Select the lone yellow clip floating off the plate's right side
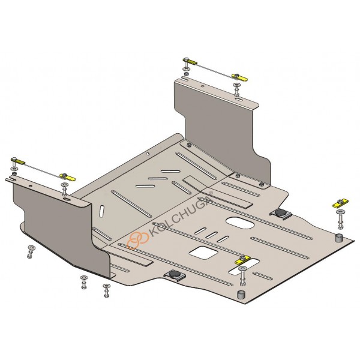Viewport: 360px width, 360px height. click(x=340, y=203)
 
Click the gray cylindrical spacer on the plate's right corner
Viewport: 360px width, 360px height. click(x=339, y=238)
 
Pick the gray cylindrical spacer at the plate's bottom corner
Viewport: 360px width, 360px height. click(x=241, y=295)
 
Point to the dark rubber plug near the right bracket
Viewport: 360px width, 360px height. click(x=280, y=212)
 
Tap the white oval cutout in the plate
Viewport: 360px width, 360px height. click(x=240, y=222)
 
